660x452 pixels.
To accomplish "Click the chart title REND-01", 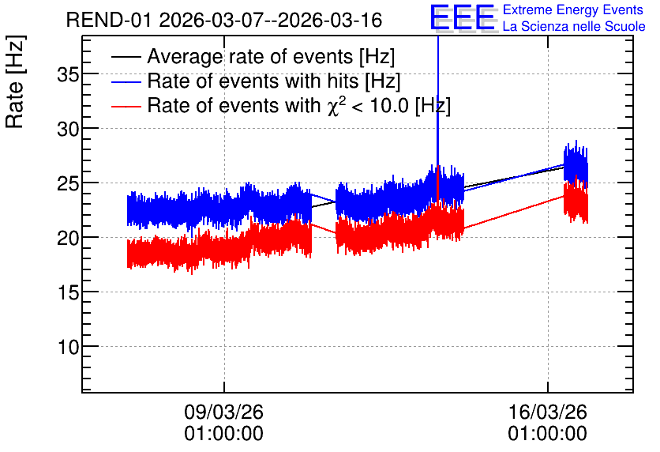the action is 109,21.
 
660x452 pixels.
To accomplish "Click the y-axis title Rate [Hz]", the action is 15,81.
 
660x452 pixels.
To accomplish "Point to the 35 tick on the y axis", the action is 68,74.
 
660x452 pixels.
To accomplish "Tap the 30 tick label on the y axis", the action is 68,130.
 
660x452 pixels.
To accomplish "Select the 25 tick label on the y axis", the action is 68,183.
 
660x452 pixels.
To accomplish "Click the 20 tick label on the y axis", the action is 68,239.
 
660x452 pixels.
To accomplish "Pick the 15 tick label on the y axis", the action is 68,292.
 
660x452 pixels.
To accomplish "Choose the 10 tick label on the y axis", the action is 68,348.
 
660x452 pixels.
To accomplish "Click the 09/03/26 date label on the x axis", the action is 223,412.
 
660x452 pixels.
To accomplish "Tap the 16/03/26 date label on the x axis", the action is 548,412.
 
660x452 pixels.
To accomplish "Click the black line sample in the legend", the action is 126,57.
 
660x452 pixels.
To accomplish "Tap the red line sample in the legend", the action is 126,106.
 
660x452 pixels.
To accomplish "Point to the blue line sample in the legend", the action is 126,81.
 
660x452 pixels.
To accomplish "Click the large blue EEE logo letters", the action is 463,17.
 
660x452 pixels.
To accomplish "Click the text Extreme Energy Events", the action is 573,9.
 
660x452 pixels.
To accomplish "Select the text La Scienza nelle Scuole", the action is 574,27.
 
